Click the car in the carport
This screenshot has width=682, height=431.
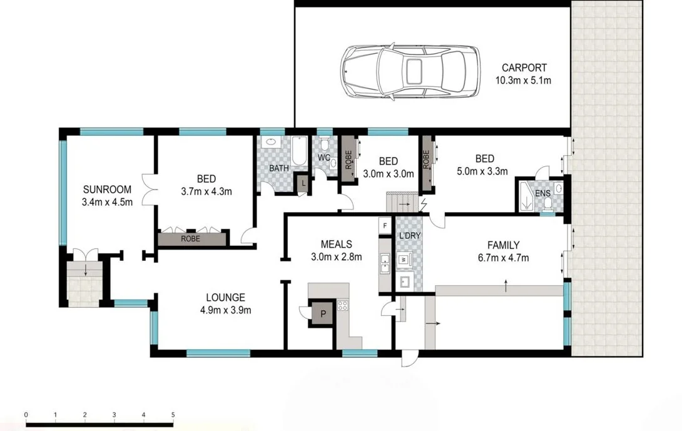(x=410, y=71)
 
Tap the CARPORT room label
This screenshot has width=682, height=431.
(x=524, y=68)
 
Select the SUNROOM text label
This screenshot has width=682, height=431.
(x=107, y=190)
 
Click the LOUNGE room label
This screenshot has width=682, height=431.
(x=225, y=298)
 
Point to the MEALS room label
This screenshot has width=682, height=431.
(x=336, y=245)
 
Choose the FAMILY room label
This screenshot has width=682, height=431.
(x=503, y=245)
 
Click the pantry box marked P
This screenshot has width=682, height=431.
(x=323, y=313)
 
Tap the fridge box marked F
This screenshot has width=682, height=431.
(x=385, y=226)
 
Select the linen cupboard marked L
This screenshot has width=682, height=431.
(x=303, y=183)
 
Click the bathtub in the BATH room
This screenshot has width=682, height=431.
(x=299, y=151)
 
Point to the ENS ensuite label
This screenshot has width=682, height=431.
(x=542, y=193)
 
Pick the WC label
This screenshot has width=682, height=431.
(x=324, y=158)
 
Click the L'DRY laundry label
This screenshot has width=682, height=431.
(x=410, y=236)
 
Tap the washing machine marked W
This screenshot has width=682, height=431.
(x=404, y=260)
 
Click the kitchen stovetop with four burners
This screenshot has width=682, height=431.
(x=343, y=305)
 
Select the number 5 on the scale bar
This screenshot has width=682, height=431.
(x=173, y=415)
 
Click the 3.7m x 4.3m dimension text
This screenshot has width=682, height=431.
(x=206, y=191)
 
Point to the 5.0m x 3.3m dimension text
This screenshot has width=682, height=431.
(x=482, y=171)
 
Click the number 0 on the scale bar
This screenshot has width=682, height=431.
(x=26, y=415)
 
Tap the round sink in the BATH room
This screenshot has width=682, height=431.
(x=272, y=142)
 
